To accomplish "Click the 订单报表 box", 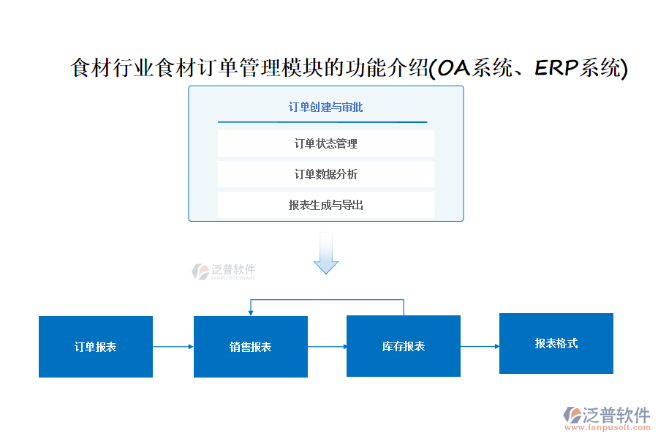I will pos(96,347).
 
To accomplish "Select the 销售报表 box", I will pos(251,347).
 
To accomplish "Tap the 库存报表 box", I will pos(404,346).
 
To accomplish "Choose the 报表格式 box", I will pos(556,343).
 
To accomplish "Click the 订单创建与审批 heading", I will pos(325,108).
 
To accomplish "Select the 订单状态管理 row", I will pos(326,143).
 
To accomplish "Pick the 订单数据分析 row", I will pos(326,174).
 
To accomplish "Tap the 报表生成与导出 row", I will pos(326,205).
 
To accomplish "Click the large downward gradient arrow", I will pos(326,254).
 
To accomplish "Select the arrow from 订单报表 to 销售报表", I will pos(173,347).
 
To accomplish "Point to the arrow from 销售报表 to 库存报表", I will pos(328,347).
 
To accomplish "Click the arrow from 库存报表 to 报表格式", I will pos(480,346).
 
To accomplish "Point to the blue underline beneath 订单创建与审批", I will pos(322,122).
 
